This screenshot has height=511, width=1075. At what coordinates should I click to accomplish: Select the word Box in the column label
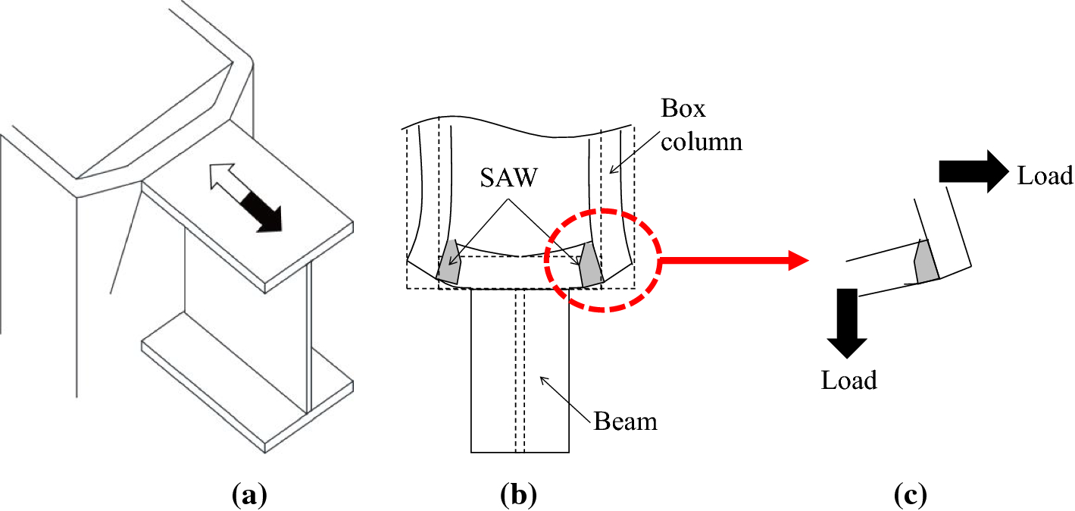(x=683, y=109)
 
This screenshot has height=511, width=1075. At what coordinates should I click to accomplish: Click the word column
(x=701, y=141)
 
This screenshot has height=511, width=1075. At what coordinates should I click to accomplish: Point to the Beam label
(x=625, y=421)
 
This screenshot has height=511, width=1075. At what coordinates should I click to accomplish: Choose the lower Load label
(x=849, y=379)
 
